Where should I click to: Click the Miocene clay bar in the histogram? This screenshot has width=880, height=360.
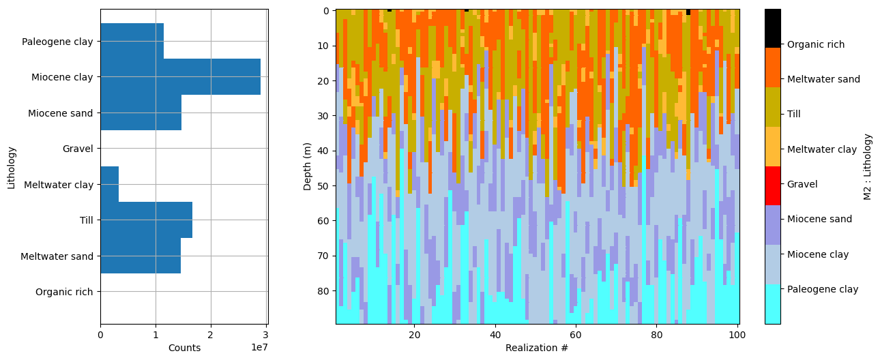pos(180,77)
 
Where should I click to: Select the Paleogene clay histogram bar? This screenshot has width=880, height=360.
pos(132,41)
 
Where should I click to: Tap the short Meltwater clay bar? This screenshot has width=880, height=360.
pos(109,184)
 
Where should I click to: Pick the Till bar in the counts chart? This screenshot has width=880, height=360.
pos(146,220)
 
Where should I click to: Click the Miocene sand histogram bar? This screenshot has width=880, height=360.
pos(141,112)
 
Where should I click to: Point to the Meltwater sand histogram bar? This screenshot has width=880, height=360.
pos(140,256)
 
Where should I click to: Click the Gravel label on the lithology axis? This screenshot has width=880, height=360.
pos(77,149)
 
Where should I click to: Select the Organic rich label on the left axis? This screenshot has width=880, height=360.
pos(63,292)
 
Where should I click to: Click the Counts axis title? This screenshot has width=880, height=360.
pos(184,348)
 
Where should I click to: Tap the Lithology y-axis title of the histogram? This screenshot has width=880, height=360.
pos(11,166)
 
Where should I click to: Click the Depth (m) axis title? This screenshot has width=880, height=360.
pos(308,166)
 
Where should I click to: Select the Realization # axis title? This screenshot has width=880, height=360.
pos(536,348)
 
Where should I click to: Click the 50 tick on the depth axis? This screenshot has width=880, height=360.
pos(324,185)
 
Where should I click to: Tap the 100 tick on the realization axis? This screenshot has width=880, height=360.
pos(735,335)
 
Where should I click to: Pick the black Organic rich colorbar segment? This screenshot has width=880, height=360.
pos(773,28)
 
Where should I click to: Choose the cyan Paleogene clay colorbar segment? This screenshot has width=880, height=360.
pos(773,304)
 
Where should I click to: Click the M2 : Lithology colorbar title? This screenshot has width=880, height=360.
pos(868,166)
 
